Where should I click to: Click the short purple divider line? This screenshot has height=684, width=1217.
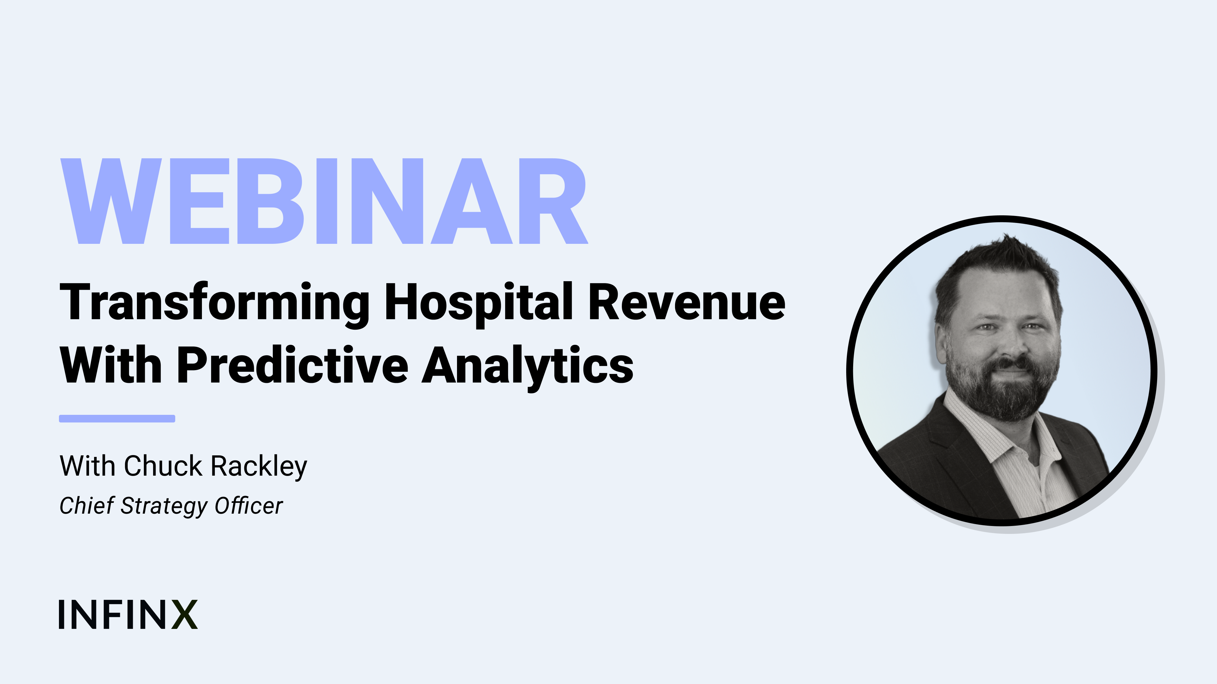click(x=117, y=419)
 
